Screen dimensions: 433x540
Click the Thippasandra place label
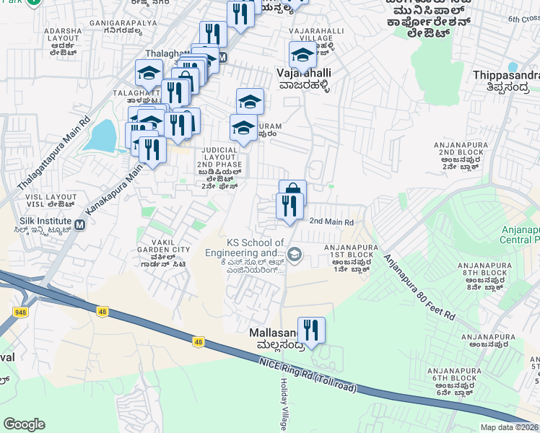point(505,75)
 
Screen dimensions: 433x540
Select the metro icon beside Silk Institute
point(80,225)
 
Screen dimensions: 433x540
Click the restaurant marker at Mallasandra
point(311,331)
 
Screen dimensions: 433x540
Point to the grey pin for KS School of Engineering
point(294,253)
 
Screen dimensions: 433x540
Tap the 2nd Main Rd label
point(331,222)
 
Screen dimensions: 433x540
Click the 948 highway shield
point(21,312)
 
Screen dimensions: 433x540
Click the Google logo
point(24,424)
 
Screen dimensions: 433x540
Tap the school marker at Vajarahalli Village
point(302,54)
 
